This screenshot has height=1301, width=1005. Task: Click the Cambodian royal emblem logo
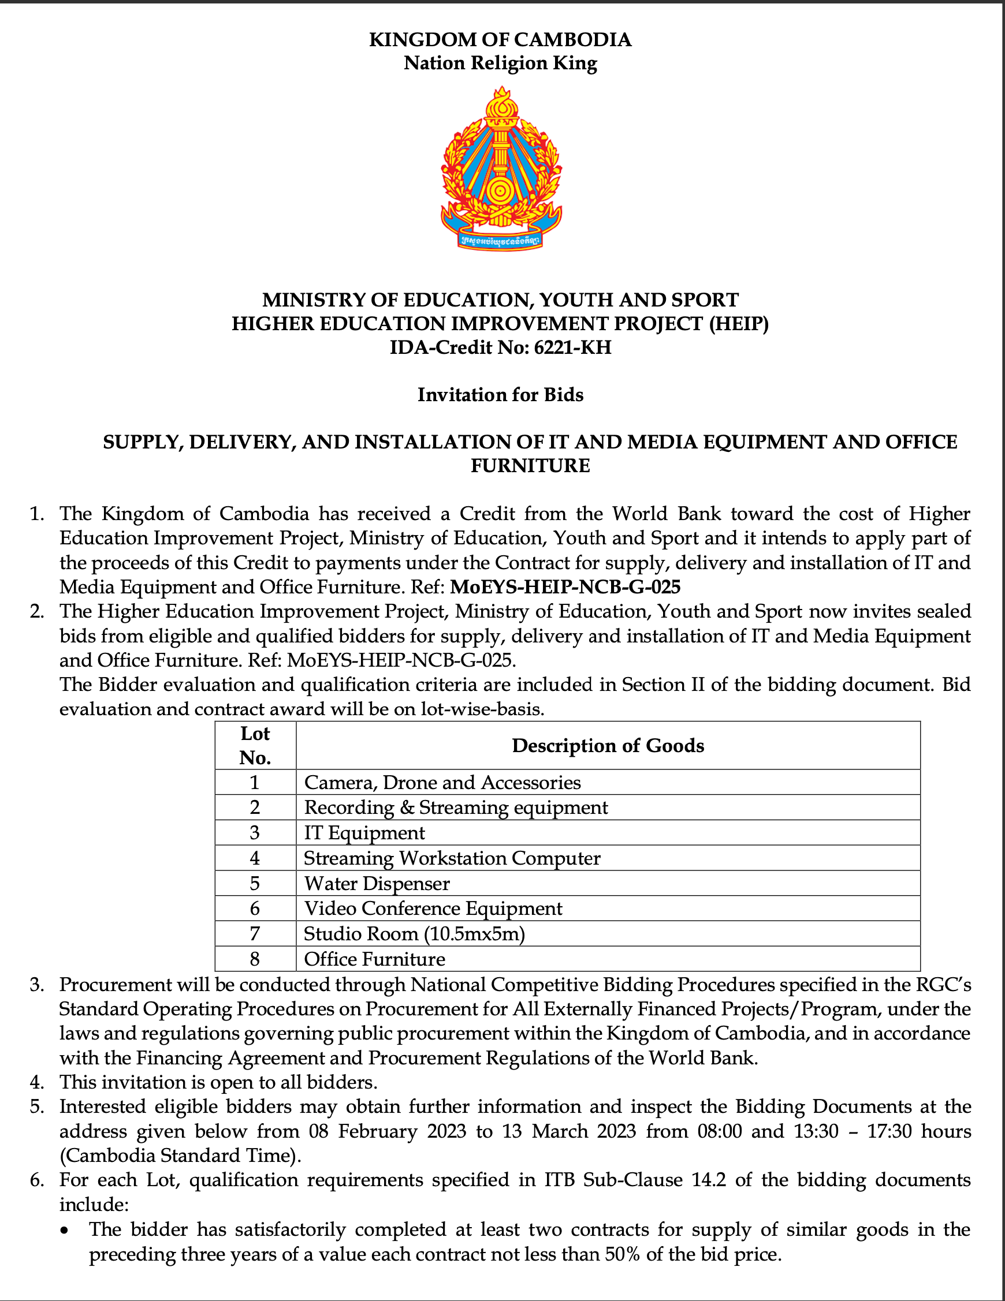point(501,167)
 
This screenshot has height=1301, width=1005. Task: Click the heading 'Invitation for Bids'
point(500,394)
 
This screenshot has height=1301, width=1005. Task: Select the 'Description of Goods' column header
point(608,745)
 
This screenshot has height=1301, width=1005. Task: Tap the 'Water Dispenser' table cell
point(377,883)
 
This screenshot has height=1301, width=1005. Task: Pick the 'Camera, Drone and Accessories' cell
point(442,782)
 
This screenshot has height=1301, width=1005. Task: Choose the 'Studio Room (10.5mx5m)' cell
point(414,933)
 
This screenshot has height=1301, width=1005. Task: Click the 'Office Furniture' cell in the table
point(374,959)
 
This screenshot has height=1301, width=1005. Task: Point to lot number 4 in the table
point(255,858)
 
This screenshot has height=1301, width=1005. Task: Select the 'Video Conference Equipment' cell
point(433,908)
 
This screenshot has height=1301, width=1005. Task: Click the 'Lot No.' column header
point(255,745)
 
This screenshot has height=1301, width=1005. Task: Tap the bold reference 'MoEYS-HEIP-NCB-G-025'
point(565,587)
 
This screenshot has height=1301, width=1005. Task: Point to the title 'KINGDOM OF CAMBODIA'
point(500,39)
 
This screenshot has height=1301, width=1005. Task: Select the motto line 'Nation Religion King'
point(500,63)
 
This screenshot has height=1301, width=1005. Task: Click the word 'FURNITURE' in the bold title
point(530,465)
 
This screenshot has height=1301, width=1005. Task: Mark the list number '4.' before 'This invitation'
point(37,1082)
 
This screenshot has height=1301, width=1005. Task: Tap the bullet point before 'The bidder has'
point(67,1230)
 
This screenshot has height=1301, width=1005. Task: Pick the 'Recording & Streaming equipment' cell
point(456,807)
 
